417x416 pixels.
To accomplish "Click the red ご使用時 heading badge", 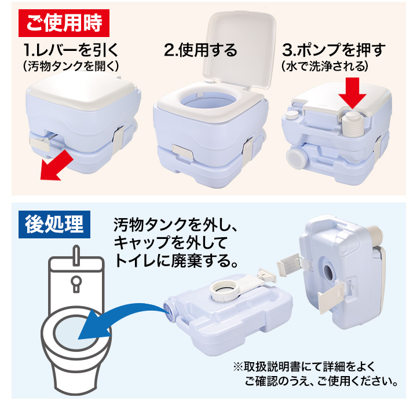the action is tap(64, 23).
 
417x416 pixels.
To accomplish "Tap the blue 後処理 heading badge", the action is tap(54, 224).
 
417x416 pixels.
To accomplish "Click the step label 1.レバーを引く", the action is tap(71, 50).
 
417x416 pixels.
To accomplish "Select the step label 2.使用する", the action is tap(200, 50).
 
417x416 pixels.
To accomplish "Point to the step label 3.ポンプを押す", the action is tap(334, 50).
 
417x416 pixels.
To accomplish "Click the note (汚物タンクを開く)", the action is tap(71, 66).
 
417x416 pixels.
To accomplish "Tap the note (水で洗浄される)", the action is tap(325, 66).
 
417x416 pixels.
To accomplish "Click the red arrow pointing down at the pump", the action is tap(353, 93).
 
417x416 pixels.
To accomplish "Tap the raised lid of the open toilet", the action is tap(239, 49).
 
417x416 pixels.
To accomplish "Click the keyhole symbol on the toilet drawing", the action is tap(76, 284).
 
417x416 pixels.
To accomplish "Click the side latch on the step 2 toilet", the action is tap(248, 150).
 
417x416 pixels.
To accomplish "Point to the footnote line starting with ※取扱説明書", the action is tap(304, 367).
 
